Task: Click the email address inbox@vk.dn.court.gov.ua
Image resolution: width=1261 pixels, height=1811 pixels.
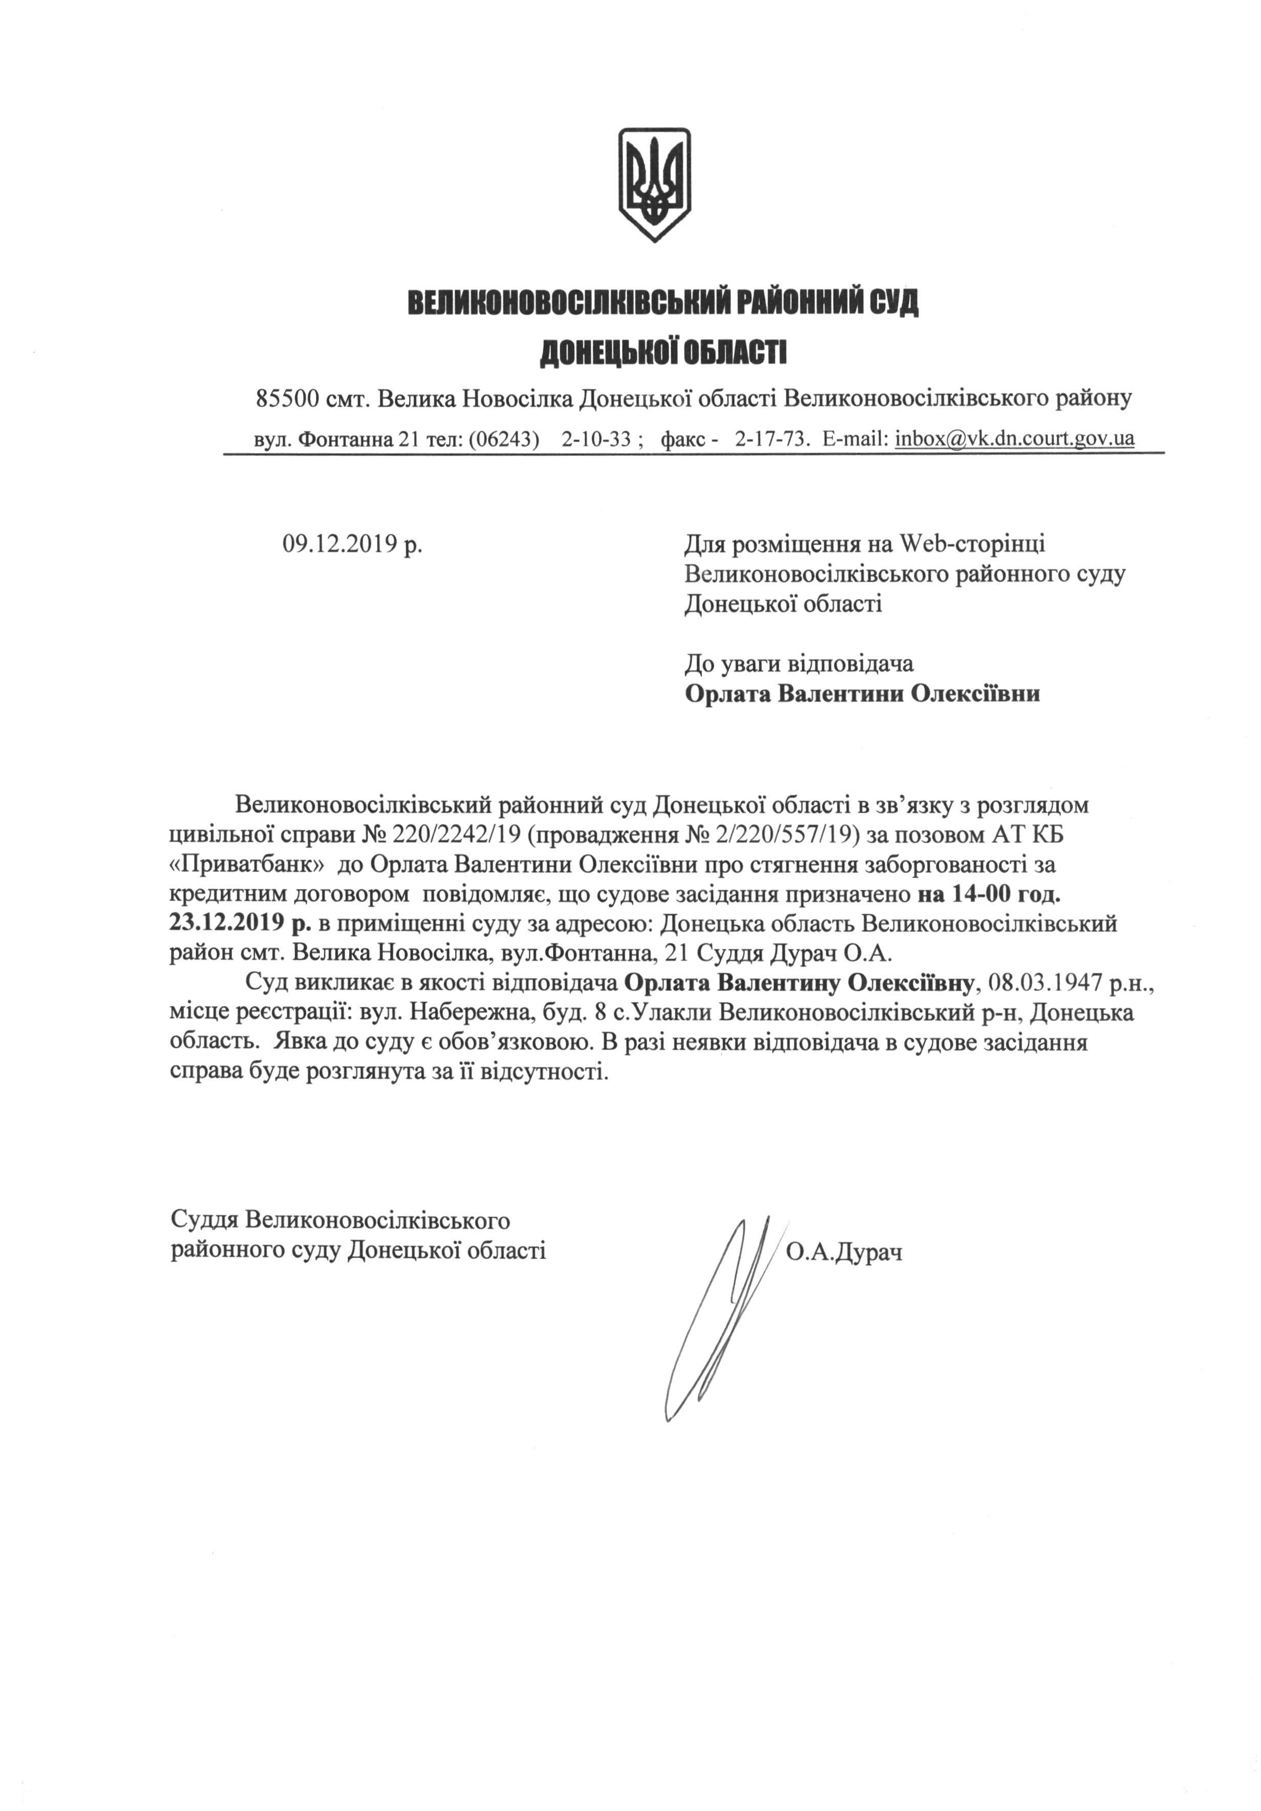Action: (1014, 439)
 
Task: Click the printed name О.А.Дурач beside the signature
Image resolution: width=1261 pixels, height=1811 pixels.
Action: (844, 1252)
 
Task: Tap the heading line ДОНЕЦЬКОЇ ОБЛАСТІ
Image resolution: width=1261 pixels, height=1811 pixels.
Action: (663, 353)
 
